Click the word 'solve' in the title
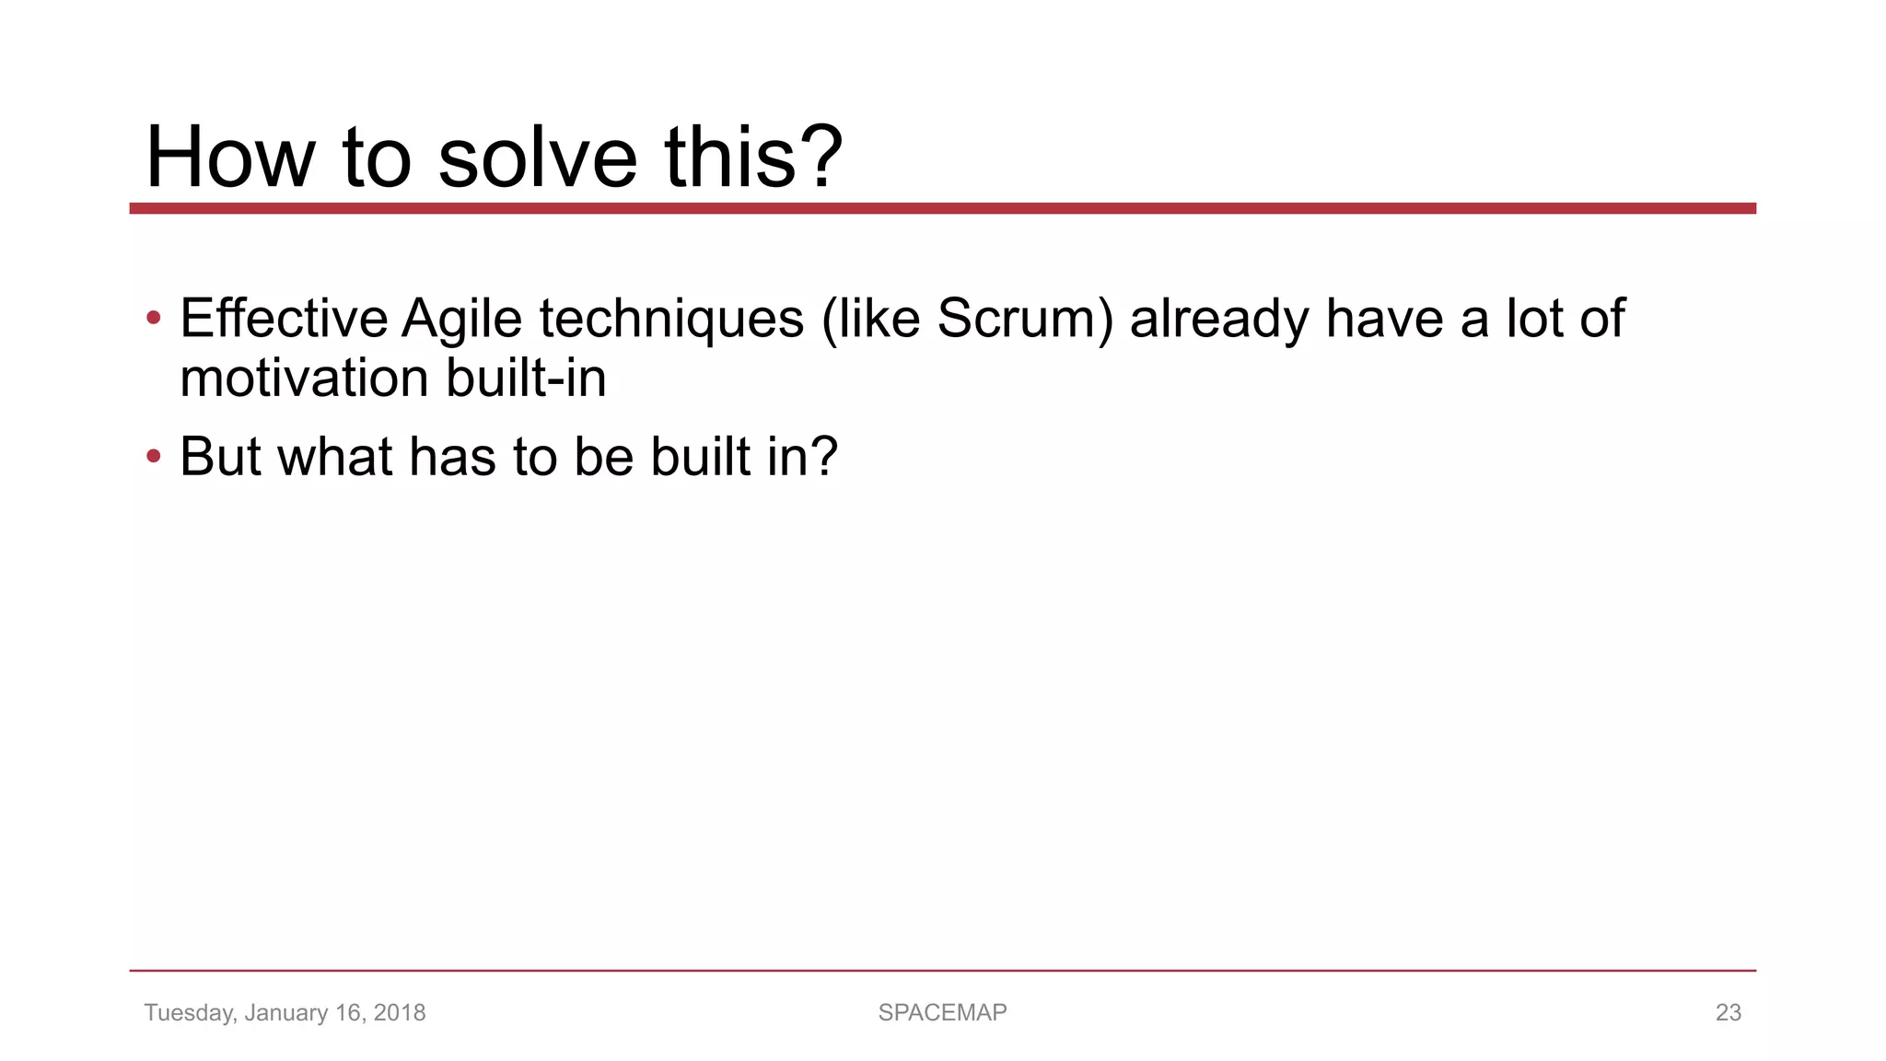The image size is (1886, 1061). pyautogui.click(x=537, y=157)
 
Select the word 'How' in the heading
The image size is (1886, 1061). pyautogui.click(x=230, y=157)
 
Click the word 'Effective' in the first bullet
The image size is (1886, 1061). pyautogui.click(x=284, y=319)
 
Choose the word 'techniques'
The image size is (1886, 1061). pyautogui.click(x=671, y=321)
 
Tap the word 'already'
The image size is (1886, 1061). pyautogui.click(x=1219, y=321)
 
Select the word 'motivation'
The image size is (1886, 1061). pyautogui.click(x=305, y=379)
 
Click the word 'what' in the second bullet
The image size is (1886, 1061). pyautogui.click(x=335, y=457)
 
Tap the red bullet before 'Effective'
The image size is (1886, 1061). pyautogui.click(x=154, y=319)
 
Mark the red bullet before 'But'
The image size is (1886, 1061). pyautogui.click(x=154, y=457)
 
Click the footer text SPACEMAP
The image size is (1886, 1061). pyautogui.click(x=942, y=1012)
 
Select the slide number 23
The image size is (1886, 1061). pyautogui.click(x=1728, y=1012)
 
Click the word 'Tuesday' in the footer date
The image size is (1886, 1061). pyautogui.click(x=189, y=1013)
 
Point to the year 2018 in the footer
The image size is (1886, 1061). pyautogui.click(x=400, y=1012)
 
